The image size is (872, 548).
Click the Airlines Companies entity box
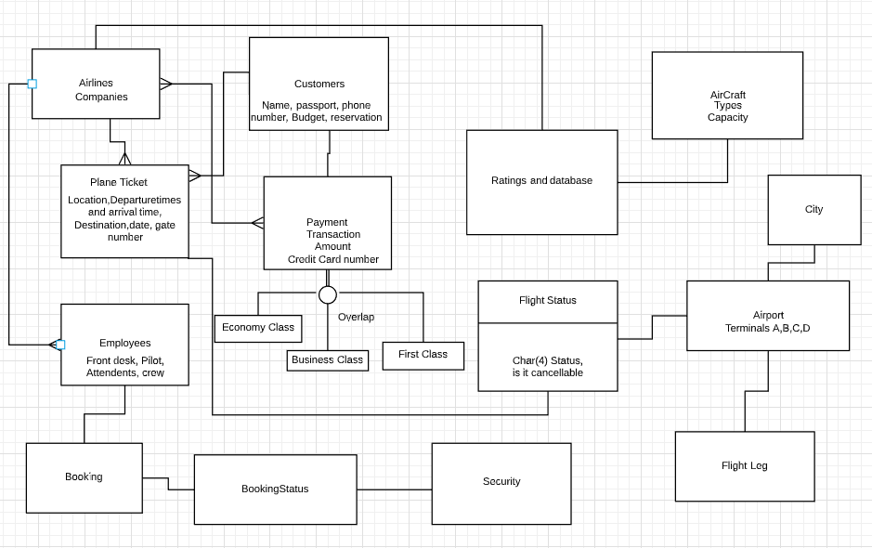pyautogui.click(x=96, y=84)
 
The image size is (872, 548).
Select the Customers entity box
pyautogui.click(x=319, y=84)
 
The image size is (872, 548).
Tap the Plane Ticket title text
pyautogui.click(x=119, y=182)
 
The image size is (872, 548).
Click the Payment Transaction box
pyautogui.click(x=327, y=223)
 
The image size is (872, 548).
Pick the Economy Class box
pyautogui.click(x=258, y=328)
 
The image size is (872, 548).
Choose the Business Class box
pyautogui.click(x=327, y=360)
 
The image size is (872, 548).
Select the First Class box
pyautogui.click(x=423, y=355)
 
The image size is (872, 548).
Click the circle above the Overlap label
pyautogui.click(x=328, y=294)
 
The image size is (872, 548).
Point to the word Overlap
pyautogui.click(x=356, y=317)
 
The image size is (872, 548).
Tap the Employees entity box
pyautogui.click(x=124, y=345)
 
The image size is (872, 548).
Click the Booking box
pyautogui.click(x=84, y=477)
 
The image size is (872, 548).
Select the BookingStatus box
pyautogui.click(x=275, y=489)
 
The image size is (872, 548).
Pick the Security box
pyautogui.click(x=501, y=483)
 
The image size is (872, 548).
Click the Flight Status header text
pyautogui.click(x=548, y=301)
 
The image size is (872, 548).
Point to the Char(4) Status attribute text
pyautogui.click(x=548, y=360)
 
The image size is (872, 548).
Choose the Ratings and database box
pyautogui.click(x=541, y=182)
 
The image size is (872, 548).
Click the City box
pyautogui.click(x=814, y=210)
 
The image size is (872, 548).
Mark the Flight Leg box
pyautogui.click(x=745, y=466)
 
